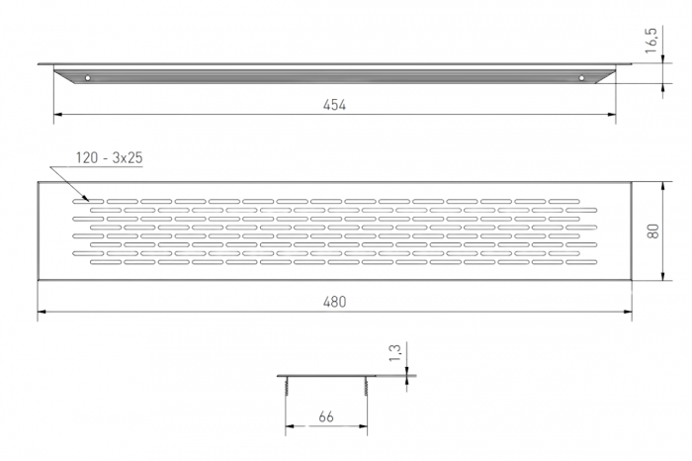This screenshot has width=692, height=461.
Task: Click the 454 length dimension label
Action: tap(334, 105)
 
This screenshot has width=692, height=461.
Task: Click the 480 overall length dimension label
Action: tap(334, 302)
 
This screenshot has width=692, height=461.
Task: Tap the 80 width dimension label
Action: tap(653, 230)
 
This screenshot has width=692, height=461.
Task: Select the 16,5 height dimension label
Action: tap(651, 41)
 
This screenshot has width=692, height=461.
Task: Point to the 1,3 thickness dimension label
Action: tap(395, 353)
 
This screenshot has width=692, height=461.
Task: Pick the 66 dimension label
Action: tap(325, 416)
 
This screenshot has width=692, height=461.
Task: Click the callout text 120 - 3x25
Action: tap(109, 158)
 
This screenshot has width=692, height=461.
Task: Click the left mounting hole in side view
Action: tap(88, 78)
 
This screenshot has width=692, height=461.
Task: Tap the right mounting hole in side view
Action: tap(581, 78)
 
